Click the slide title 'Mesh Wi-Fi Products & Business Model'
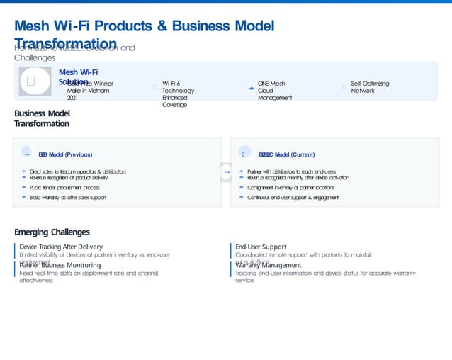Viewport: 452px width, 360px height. tap(144, 26)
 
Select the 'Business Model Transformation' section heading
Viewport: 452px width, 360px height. tap(42, 118)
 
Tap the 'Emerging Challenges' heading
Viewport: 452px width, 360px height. tap(52, 232)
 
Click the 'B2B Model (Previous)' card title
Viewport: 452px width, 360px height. tap(65, 154)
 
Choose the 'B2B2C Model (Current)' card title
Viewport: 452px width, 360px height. tap(287, 154)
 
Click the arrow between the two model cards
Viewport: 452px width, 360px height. tap(226, 172)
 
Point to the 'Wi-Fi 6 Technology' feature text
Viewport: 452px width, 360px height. tap(178, 91)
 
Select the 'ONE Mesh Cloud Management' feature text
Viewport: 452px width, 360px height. tap(275, 91)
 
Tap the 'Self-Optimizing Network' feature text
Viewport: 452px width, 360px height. tap(370, 87)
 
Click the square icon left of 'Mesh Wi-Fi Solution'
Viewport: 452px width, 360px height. tap(31, 81)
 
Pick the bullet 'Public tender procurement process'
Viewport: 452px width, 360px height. tap(64, 188)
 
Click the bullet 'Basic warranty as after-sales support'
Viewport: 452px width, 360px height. tap(68, 198)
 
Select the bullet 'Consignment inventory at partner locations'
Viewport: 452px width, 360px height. tap(290, 188)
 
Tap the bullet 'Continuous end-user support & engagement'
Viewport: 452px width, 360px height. tap(293, 198)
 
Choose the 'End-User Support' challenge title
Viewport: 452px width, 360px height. tap(261, 247)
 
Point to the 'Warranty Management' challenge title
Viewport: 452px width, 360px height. tap(269, 265)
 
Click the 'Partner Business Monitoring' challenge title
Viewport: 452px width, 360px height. tap(60, 265)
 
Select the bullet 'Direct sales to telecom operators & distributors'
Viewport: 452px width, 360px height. tap(78, 171)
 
